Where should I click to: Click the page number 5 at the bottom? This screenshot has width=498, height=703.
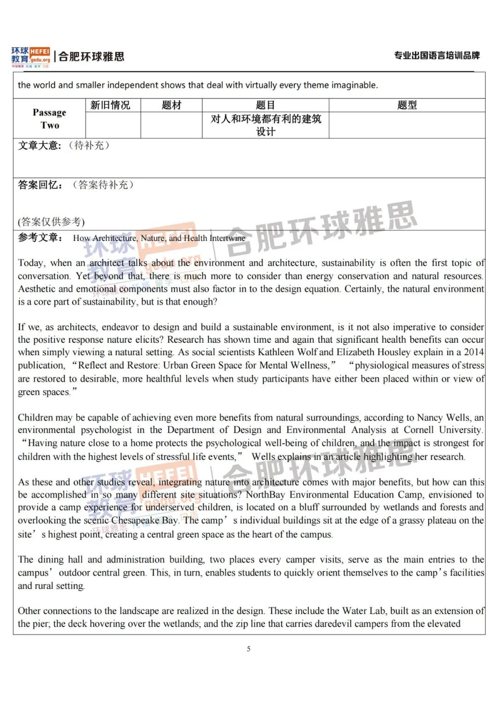point(249,649)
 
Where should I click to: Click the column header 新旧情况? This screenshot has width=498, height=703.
point(110,105)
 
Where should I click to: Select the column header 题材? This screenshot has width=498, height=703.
point(172,105)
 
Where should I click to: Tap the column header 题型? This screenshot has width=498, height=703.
point(407,105)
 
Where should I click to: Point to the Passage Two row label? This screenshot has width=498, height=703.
point(49,119)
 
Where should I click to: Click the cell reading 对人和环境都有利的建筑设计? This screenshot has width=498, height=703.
point(266,125)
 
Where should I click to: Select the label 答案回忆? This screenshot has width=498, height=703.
point(40,185)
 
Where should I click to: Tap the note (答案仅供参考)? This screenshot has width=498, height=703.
point(51,222)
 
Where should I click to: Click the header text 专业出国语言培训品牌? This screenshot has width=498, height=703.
point(437,56)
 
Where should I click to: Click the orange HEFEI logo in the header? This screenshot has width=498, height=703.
point(40,52)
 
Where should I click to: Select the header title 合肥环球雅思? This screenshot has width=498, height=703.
point(91,57)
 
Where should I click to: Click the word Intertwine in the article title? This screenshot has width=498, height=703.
point(227,238)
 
